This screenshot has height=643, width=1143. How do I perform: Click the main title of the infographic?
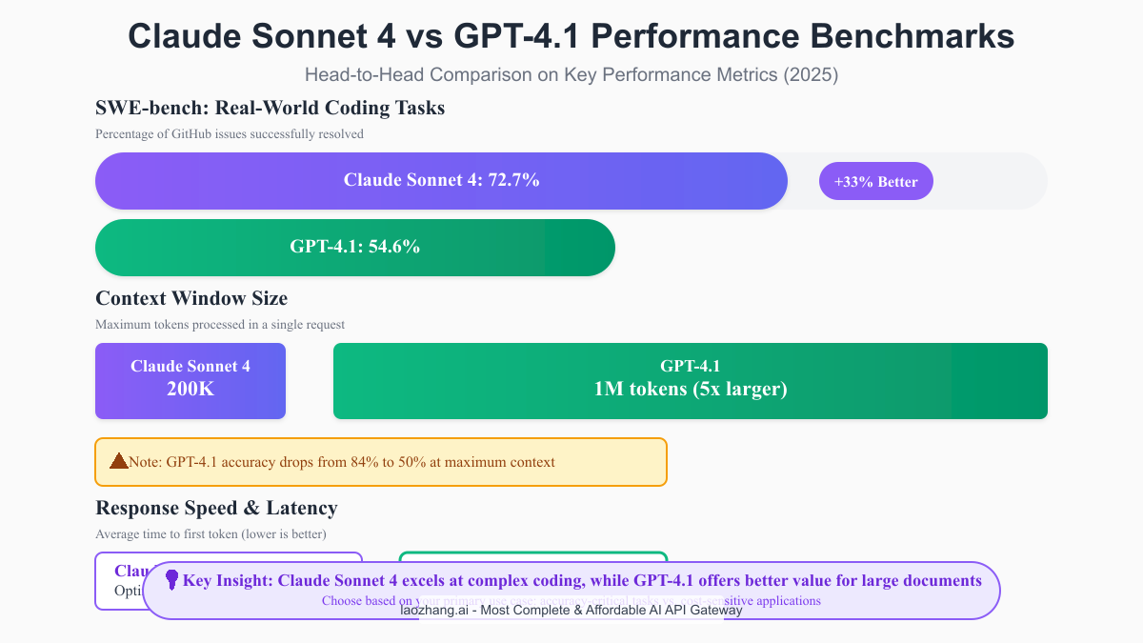(x=571, y=36)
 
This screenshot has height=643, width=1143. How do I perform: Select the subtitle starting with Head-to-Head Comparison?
(x=571, y=74)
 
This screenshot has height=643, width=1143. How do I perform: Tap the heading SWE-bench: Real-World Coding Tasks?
(x=270, y=108)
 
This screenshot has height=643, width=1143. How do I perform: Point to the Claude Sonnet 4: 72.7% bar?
(x=441, y=180)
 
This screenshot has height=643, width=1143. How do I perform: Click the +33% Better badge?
(x=875, y=182)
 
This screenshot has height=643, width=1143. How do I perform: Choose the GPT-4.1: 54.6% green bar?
(x=354, y=247)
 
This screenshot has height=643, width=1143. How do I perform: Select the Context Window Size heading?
(x=191, y=298)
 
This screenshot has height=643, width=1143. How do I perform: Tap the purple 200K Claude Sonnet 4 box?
(x=190, y=381)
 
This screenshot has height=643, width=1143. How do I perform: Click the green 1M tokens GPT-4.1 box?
(x=690, y=381)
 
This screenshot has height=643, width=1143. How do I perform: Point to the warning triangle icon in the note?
(x=119, y=461)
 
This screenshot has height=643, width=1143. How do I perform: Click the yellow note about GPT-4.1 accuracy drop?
(x=381, y=462)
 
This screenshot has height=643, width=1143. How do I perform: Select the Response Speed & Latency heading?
(x=216, y=508)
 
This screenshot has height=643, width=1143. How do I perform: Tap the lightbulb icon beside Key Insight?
(x=172, y=579)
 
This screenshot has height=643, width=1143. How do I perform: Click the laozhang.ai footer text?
(x=571, y=610)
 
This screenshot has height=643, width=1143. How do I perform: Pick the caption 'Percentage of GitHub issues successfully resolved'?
(x=230, y=134)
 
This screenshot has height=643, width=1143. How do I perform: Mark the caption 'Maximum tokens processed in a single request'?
(x=220, y=325)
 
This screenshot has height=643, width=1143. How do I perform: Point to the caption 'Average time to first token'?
(x=211, y=534)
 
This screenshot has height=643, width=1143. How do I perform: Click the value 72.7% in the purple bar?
(x=514, y=180)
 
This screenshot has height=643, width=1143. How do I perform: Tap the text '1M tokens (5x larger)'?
(x=690, y=390)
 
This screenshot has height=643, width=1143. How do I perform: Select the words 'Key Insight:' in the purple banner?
(x=229, y=580)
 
